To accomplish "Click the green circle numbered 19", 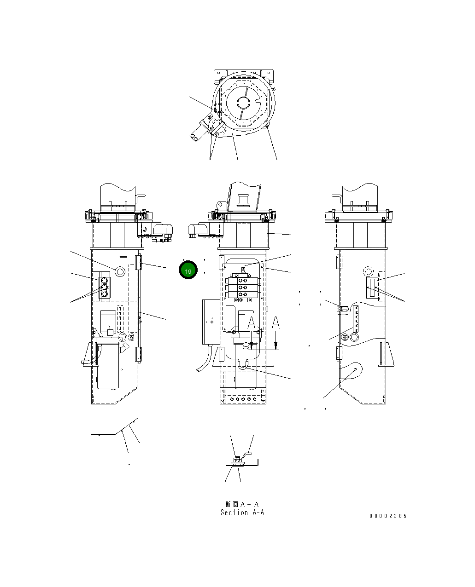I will pyautogui.click(x=188, y=270).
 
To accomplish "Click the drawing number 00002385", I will pyautogui.click(x=388, y=516).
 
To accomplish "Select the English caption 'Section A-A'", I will pyautogui.click(x=242, y=512).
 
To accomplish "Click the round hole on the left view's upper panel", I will pyautogui.click(x=120, y=271).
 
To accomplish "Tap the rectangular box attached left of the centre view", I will pyautogui.click(x=210, y=322).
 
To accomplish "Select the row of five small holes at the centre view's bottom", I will pyautogui.click(x=243, y=399).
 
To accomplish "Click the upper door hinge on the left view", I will pyautogui.click(x=138, y=263).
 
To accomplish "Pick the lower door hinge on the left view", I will pyautogui.click(x=138, y=355).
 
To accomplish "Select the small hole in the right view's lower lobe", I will pyautogui.click(x=355, y=370).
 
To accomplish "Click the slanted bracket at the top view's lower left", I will pyautogui.click(x=201, y=130).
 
